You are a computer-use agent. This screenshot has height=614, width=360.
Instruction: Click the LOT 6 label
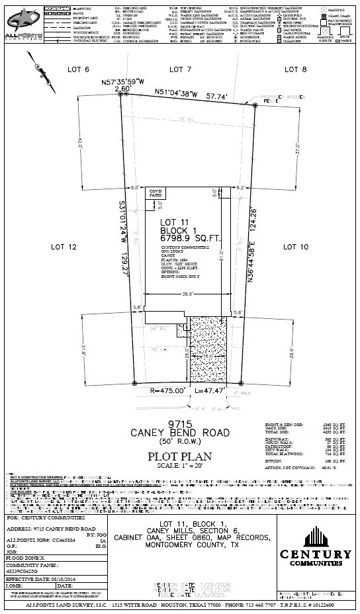(x=78, y=69)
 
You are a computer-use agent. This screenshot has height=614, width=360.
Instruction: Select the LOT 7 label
(x=180, y=69)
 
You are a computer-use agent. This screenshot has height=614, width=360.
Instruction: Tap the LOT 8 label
(x=295, y=69)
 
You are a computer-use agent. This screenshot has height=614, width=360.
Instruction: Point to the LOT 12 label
(x=65, y=246)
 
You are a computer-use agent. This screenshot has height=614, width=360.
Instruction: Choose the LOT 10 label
(x=295, y=246)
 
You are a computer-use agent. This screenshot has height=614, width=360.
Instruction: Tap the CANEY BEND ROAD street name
(x=180, y=433)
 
